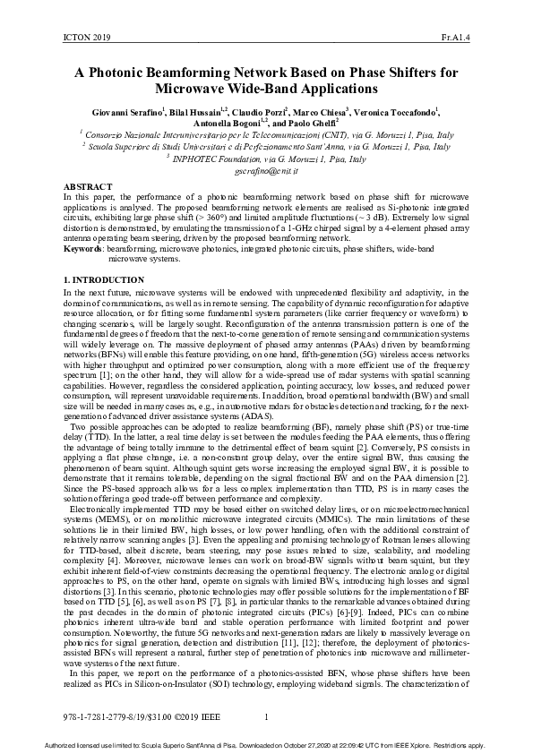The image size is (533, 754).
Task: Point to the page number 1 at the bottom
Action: point(267,716)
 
